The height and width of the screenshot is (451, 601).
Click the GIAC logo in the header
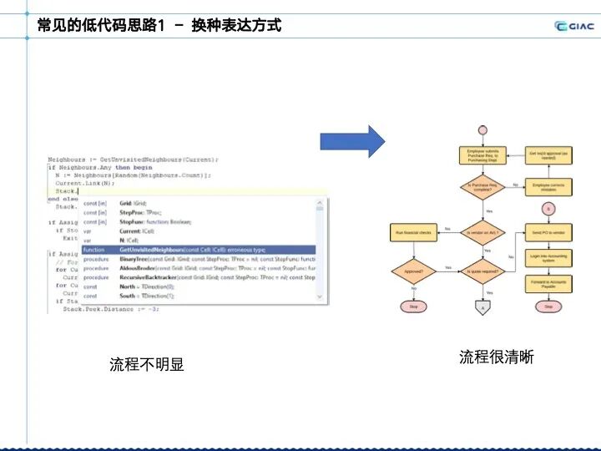574,26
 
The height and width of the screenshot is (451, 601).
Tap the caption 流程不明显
147,365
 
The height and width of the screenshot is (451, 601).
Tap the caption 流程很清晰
496,357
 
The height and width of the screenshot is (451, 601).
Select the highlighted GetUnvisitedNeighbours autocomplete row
198,249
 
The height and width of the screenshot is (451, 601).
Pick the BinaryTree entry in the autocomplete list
198,259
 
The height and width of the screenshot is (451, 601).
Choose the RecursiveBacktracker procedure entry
198,277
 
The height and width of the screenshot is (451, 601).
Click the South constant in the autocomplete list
198,296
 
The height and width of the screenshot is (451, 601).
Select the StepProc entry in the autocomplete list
198,212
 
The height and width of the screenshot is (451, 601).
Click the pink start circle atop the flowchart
482,129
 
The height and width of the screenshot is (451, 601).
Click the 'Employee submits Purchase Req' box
482,155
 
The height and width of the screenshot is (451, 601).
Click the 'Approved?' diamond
413,271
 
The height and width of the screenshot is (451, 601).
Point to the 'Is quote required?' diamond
482,271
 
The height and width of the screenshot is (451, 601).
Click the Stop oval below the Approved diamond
413,307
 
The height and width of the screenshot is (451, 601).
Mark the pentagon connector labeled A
482,308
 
